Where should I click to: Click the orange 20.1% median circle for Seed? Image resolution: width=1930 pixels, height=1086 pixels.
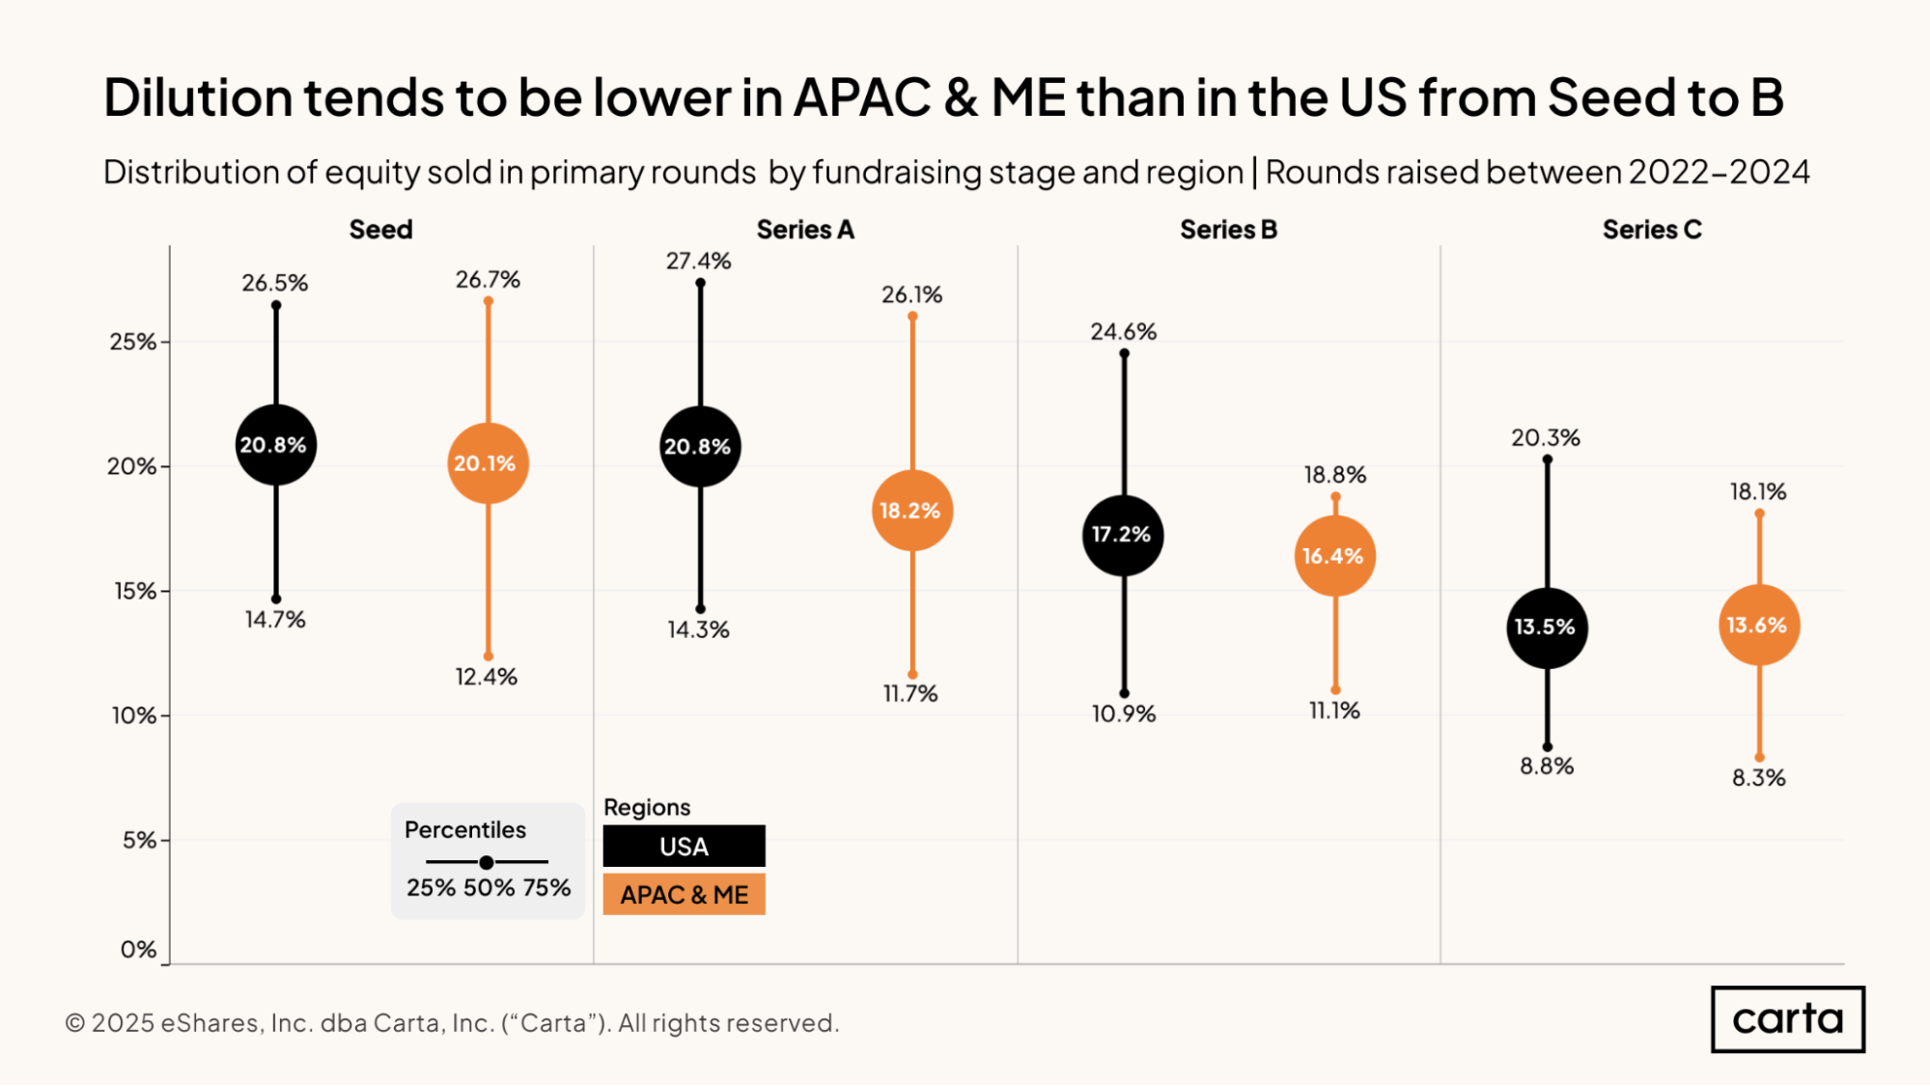click(488, 463)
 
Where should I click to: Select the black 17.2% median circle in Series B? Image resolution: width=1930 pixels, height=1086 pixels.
click(1123, 535)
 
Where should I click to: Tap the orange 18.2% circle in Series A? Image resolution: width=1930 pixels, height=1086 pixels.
click(911, 511)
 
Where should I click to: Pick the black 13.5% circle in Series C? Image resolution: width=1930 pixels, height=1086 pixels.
click(1547, 627)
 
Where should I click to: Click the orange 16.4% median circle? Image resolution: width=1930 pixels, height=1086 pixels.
click(1334, 556)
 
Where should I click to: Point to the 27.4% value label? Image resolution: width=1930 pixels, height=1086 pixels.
click(698, 261)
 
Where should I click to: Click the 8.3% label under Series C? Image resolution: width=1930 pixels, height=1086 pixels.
click(1758, 778)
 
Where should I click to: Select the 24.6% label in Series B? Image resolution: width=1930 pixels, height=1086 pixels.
click(1123, 332)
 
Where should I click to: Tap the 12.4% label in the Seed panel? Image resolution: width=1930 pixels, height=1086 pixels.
click(487, 677)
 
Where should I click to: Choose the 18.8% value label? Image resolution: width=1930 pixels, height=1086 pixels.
click(1334, 475)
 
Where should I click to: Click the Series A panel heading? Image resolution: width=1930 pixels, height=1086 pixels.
click(805, 230)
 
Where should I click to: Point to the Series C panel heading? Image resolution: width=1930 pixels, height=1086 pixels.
click(1652, 230)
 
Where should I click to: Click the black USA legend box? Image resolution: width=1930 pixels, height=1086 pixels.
click(684, 846)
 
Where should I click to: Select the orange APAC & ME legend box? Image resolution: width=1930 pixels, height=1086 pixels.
click(684, 894)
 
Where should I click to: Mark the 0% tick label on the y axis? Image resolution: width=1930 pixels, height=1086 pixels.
click(138, 950)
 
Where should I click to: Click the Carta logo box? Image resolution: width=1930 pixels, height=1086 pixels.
click(1787, 1019)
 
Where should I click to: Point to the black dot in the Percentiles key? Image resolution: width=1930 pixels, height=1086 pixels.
click(487, 862)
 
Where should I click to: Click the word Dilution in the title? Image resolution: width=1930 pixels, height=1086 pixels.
click(198, 97)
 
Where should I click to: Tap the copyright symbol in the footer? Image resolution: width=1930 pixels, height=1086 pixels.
click(75, 1023)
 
